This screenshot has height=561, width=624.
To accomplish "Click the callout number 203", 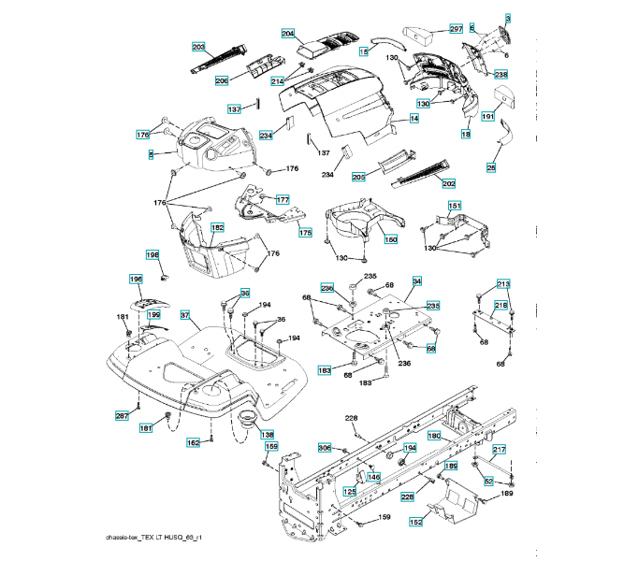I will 198,47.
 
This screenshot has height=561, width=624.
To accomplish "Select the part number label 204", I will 288,34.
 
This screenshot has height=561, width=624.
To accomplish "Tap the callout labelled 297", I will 456,29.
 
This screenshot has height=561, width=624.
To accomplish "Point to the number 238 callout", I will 501,74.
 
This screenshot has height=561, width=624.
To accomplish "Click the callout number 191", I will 487,116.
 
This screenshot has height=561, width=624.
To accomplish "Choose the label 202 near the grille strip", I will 448,183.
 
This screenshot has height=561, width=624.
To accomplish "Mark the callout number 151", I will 454,206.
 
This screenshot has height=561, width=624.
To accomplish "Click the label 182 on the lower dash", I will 217,227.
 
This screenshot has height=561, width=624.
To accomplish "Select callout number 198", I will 152,254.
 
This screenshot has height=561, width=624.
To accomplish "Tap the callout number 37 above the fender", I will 185,315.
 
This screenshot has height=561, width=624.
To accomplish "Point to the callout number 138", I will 268,434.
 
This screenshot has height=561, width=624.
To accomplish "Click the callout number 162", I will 193,442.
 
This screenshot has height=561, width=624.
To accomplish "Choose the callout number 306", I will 325,448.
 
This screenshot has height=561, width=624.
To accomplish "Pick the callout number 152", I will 414,524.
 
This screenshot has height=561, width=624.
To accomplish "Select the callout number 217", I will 499,450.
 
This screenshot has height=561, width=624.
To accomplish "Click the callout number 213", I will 503,283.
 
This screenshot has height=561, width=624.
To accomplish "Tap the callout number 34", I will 416,280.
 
